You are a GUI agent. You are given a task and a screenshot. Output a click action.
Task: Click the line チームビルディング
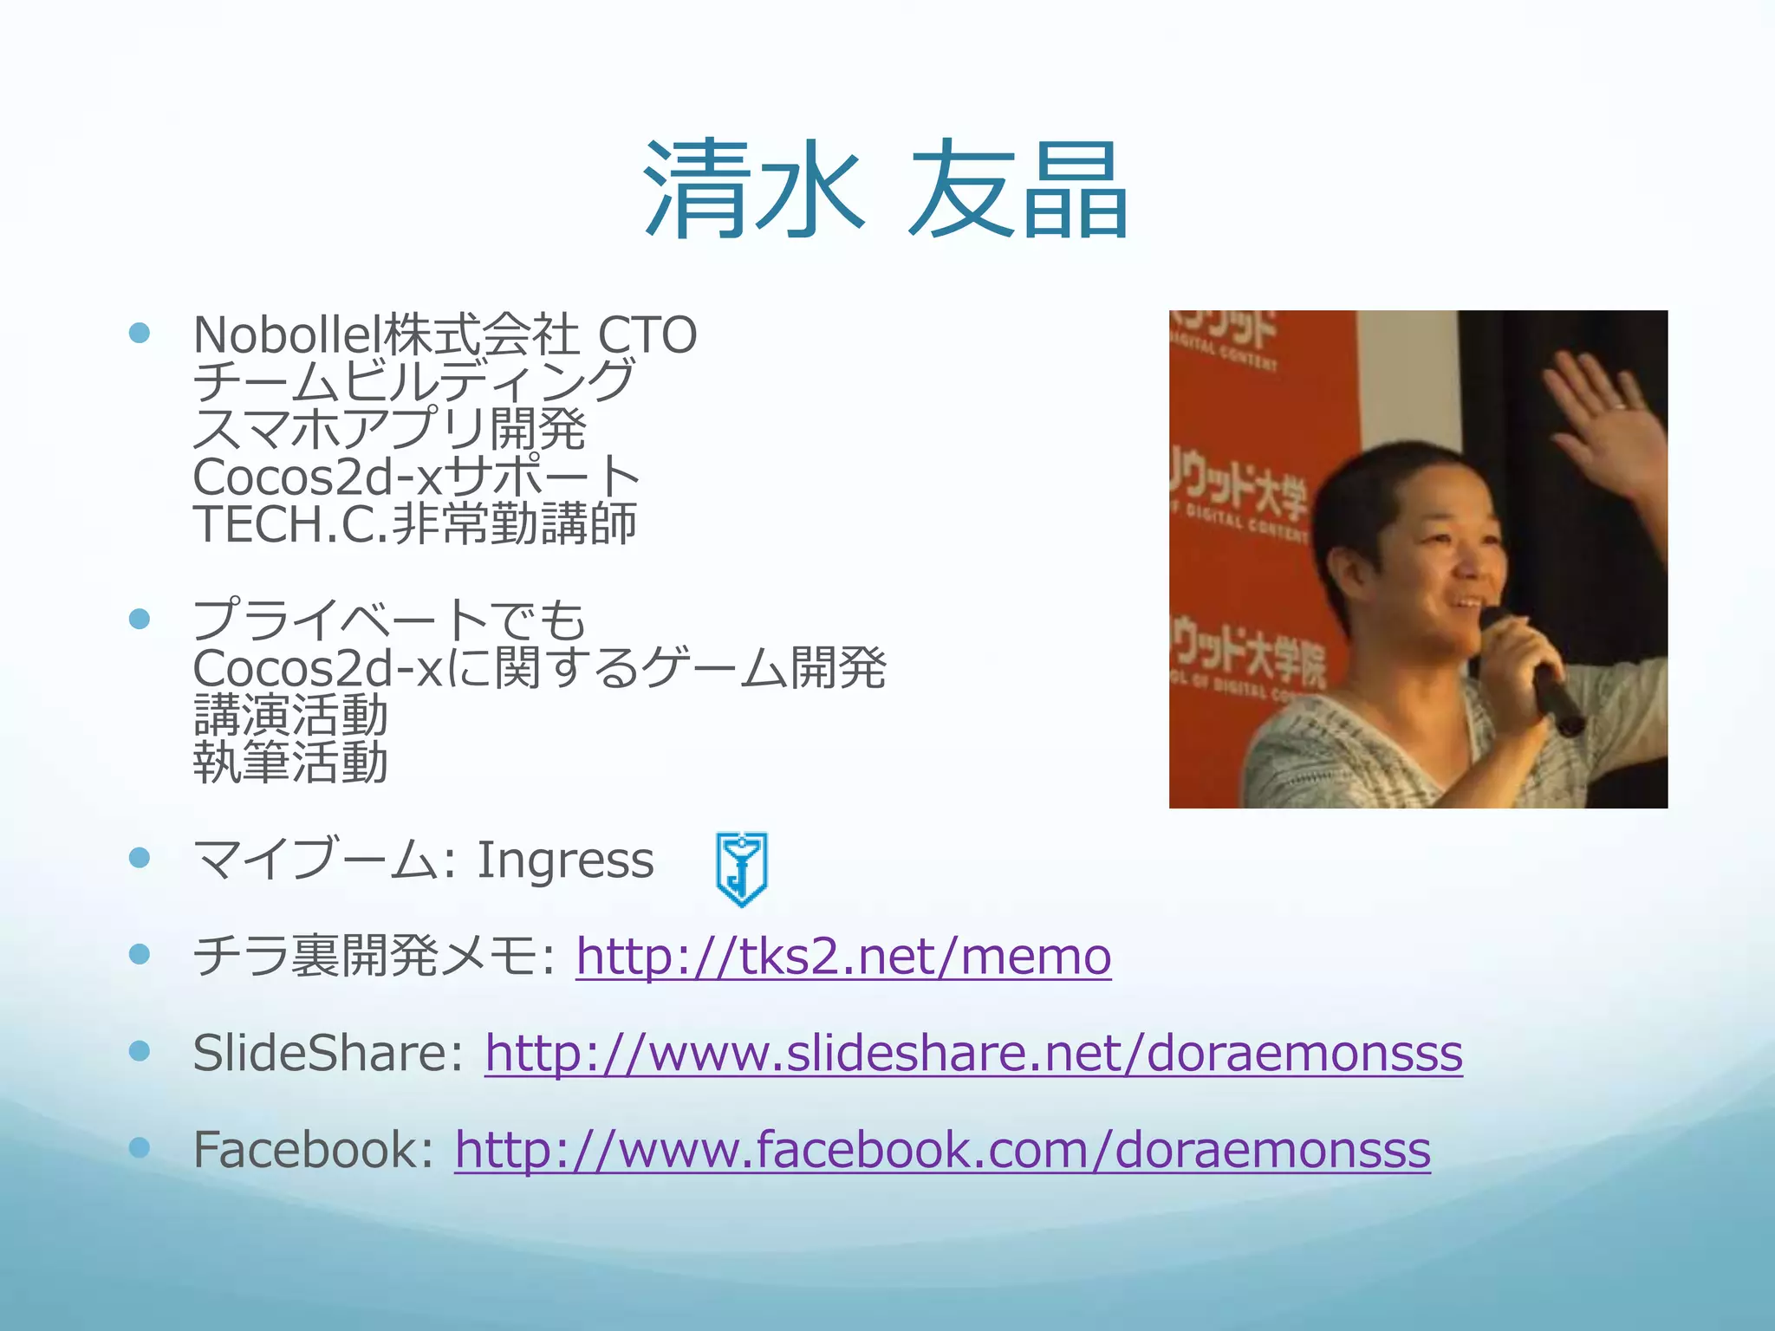click(x=414, y=381)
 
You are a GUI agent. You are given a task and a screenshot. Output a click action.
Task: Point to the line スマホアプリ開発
click(x=390, y=429)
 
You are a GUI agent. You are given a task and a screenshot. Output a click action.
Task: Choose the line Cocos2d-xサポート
click(x=416, y=477)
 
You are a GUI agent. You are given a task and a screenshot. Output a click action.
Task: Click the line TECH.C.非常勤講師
click(x=414, y=524)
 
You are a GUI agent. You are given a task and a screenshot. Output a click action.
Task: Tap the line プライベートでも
click(x=390, y=620)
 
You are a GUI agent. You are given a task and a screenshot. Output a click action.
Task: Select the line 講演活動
click(x=290, y=716)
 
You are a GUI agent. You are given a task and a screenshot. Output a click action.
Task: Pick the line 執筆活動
click(x=290, y=763)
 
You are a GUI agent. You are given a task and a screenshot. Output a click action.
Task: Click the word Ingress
click(x=565, y=860)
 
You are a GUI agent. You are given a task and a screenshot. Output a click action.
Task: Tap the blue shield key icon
click(x=742, y=868)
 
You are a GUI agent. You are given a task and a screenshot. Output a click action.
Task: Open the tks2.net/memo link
click(x=843, y=957)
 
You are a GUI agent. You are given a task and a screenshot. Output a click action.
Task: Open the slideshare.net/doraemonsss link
click(x=973, y=1054)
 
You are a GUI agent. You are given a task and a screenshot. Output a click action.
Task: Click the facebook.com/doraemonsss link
click(x=942, y=1150)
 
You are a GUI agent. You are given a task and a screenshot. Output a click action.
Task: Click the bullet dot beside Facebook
click(x=139, y=1148)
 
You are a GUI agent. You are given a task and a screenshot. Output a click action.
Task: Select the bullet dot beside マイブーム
click(x=139, y=858)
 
